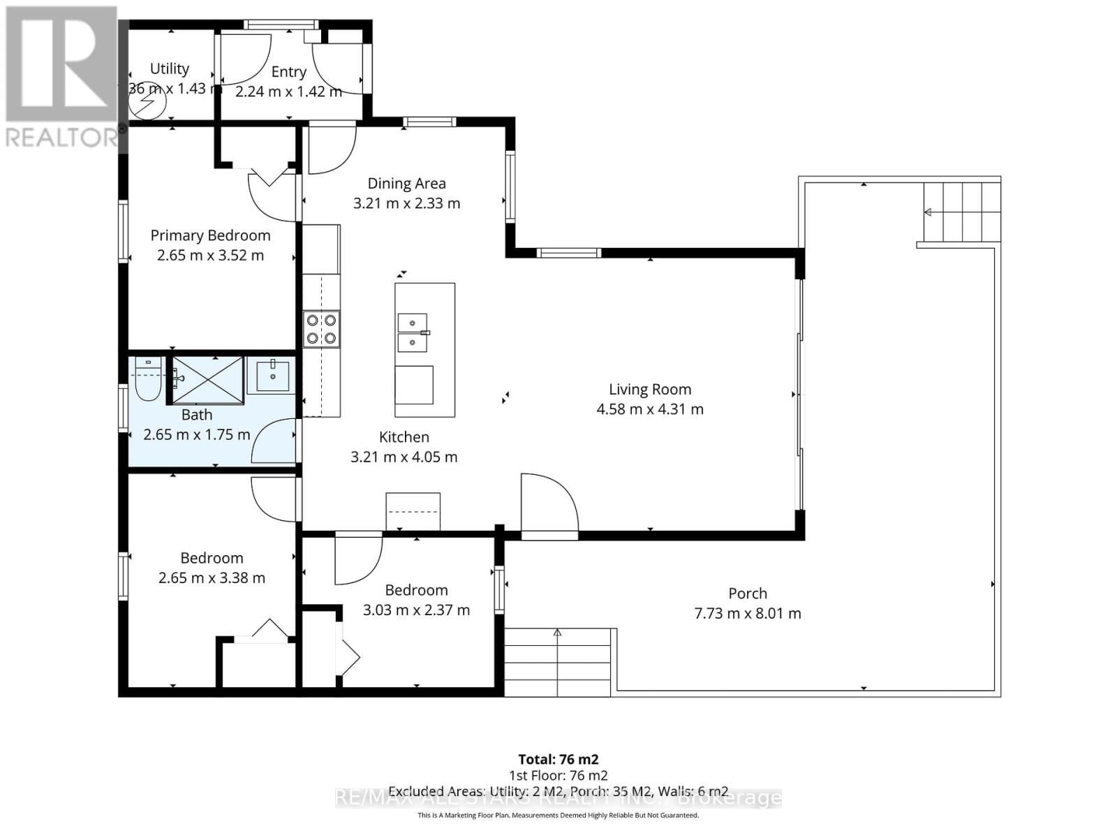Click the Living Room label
650,390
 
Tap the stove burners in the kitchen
322,329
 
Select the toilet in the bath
147,380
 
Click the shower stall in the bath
207,380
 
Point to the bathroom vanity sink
272,377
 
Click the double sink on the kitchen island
413,333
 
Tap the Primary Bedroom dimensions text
210,256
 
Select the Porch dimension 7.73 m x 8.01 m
748,614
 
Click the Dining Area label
406,184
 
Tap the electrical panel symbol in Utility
148,105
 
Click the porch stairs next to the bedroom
558,662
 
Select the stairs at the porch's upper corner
962,212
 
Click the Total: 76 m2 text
558,759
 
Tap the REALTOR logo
61,77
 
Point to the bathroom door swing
274,441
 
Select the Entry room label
288,72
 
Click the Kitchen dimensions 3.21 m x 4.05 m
404,457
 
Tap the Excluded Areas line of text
558,791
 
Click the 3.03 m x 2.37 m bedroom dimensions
416,610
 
